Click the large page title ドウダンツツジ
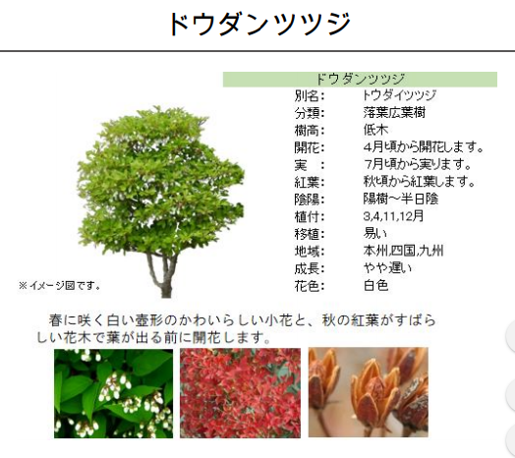[x=259, y=24]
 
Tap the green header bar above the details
[x=360, y=80]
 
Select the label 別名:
[x=310, y=96]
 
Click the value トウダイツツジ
[x=399, y=95]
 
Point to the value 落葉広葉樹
[x=394, y=113]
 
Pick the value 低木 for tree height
[x=375, y=130]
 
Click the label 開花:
[x=310, y=147]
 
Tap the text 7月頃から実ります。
[x=418, y=164]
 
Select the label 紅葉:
[x=310, y=183]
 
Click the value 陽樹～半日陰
[x=401, y=199]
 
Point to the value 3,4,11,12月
[x=393, y=216]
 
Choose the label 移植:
[x=310, y=234]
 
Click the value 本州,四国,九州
[x=403, y=251]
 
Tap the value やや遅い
[x=387, y=268]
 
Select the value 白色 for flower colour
[x=375, y=285]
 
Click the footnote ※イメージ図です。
[x=59, y=286]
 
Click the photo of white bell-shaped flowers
[x=114, y=393]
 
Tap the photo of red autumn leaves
[x=240, y=393]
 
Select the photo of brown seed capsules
[x=369, y=392]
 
